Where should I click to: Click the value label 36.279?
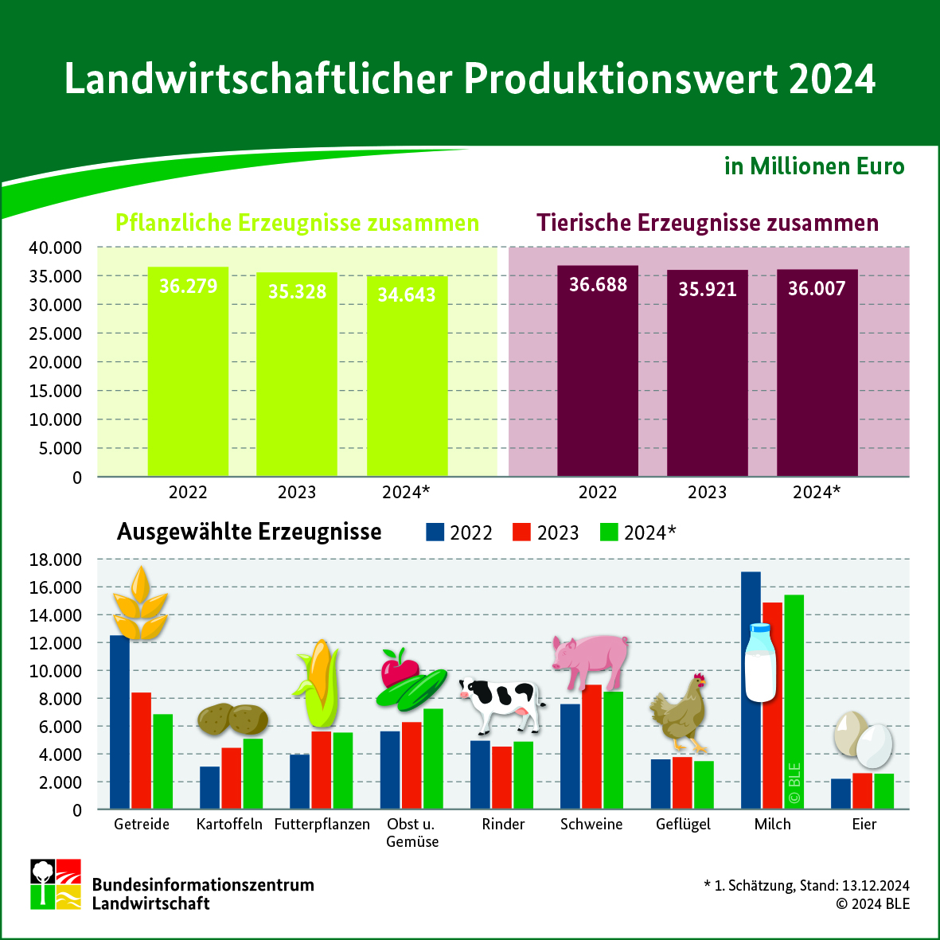tap(188, 286)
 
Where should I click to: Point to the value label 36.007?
tap(817, 288)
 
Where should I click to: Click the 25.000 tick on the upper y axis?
tap(56, 333)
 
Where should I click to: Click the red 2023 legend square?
tap(521, 532)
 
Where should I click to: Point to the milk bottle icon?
tap(759, 662)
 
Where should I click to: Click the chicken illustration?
tap(680, 713)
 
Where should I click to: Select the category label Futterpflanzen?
tap(322, 825)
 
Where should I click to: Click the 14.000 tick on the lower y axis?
tap(56, 615)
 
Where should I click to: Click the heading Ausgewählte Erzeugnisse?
tap(249, 532)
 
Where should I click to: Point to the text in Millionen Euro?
tap(814, 166)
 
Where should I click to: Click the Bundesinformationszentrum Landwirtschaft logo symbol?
tap(56, 883)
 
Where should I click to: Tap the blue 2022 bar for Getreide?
tap(119, 724)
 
